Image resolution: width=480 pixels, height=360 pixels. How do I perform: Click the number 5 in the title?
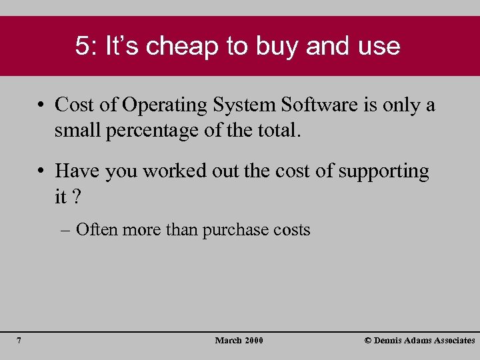[x=82, y=46]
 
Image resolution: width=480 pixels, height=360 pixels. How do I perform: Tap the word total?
[x=275, y=131]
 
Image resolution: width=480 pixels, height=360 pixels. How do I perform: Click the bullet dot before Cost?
[x=41, y=105]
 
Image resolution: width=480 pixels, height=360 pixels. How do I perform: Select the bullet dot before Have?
[x=41, y=171]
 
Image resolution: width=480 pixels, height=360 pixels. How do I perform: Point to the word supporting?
[x=383, y=171]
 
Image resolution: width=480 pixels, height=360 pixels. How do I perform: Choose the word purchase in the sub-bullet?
[x=235, y=231]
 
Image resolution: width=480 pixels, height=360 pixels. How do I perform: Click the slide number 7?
[x=19, y=341]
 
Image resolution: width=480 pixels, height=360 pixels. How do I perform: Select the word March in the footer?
[x=228, y=341]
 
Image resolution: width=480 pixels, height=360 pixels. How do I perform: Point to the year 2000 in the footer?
[x=253, y=341]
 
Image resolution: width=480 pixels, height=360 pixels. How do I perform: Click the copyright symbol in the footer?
[x=368, y=341]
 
